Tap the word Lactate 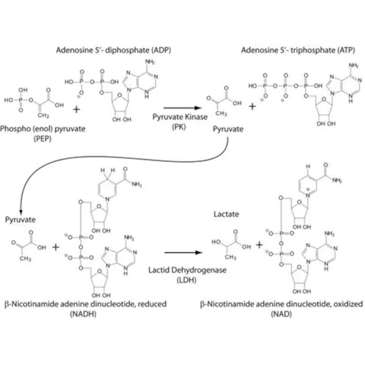(x=226, y=214)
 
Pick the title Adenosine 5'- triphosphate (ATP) (x=297, y=50)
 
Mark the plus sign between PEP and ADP (x=76, y=109)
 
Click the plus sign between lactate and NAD (x=259, y=245)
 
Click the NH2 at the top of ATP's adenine (x=354, y=66)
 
